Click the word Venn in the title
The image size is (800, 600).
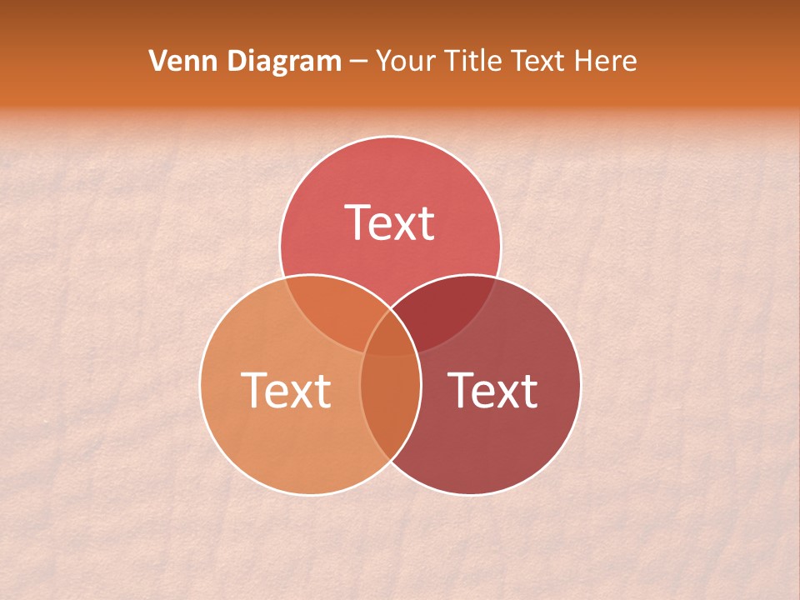[x=177, y=61]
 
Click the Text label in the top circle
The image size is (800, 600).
[x=390, y=222]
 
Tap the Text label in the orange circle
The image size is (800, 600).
[x=286, y=389]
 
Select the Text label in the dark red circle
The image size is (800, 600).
[x=493, y=389]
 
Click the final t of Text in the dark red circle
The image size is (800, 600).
[x=528, y=390]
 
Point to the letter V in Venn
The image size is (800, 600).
[x=157, y=61]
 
